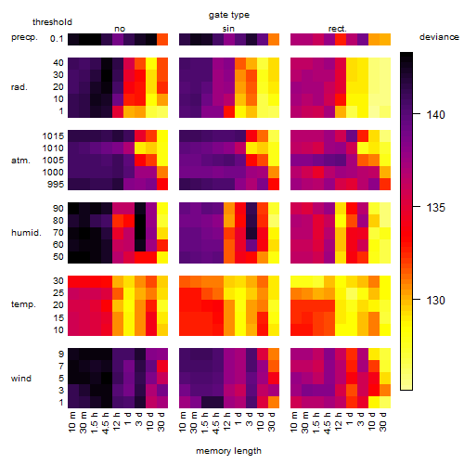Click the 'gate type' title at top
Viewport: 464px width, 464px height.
tap(229, 15)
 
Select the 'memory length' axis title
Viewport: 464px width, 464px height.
tap(228, 451)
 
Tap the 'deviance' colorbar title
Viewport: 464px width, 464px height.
tap(439, 37)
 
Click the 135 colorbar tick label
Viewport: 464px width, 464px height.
tap(435, 207)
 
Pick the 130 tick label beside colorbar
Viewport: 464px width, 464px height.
tap(435, 300)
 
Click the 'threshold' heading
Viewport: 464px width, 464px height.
tap(52, 22)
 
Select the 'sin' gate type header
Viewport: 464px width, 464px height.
tap(228, 29)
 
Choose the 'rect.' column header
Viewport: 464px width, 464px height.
tap(338, 29)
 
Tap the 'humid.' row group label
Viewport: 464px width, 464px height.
tap(26, 233)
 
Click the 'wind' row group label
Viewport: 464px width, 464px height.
tap(21, 379)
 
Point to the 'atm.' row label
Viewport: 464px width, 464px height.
tap(20, 161)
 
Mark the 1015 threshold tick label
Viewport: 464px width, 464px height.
tap(53, 136)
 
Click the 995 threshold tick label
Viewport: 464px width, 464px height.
tap(56, 185)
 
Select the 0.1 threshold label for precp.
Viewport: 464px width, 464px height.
tap(57, 39)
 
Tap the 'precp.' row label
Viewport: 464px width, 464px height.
tap(24, 37)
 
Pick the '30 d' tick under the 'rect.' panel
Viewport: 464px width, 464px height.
tap(383, 421)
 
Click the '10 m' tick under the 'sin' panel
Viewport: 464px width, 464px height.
tap(183, 422)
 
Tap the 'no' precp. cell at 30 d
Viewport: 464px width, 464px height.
tap(162, 39)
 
